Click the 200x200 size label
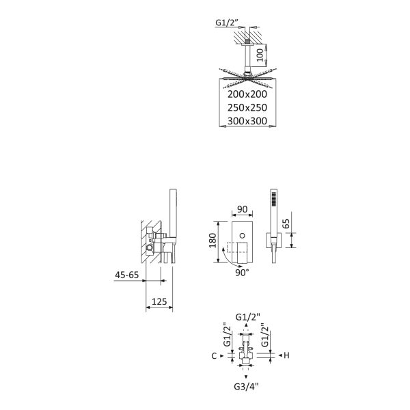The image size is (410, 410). coord(247,94)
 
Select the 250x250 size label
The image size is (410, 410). coord(247,107)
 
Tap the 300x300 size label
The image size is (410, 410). coord(247,121)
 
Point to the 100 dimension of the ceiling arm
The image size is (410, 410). coord(260,55)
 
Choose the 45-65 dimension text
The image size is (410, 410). coord(127,275)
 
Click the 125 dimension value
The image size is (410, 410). coord(159,301)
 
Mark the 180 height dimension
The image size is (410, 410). coord(213,241)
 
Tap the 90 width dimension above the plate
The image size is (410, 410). coord(242,209)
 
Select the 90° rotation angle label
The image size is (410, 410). coord(242,273)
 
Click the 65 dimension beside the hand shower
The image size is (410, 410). coord(286,223)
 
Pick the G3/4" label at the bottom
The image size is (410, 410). coord(246,386)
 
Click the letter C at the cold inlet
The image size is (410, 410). coord(214,356)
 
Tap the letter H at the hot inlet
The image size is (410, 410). coord(286,355)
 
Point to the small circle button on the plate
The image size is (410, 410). coord(243,236)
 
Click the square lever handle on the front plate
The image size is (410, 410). coord(242,252)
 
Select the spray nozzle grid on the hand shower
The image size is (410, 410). coord(274,200)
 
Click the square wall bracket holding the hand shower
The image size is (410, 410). coord(274,240)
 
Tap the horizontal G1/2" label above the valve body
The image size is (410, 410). coord(247,317)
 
